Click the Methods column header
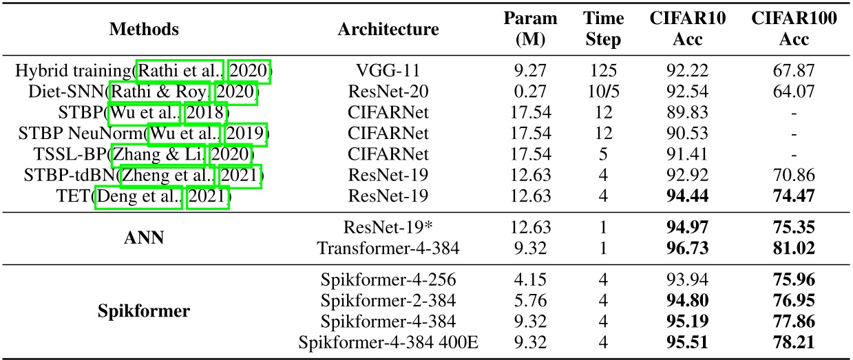point(144,29)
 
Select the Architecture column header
point(388,29)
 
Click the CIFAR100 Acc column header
point(794,29)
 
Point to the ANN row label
point(144,237)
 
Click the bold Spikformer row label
point(144,310)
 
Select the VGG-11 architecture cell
point(388,72)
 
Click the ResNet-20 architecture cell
point(388,92)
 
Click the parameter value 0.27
point(530,92)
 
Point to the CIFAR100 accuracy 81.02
point(794,247)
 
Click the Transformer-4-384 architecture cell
point(388,247)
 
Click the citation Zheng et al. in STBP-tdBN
point(162,177)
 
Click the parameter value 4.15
point(530,279)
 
